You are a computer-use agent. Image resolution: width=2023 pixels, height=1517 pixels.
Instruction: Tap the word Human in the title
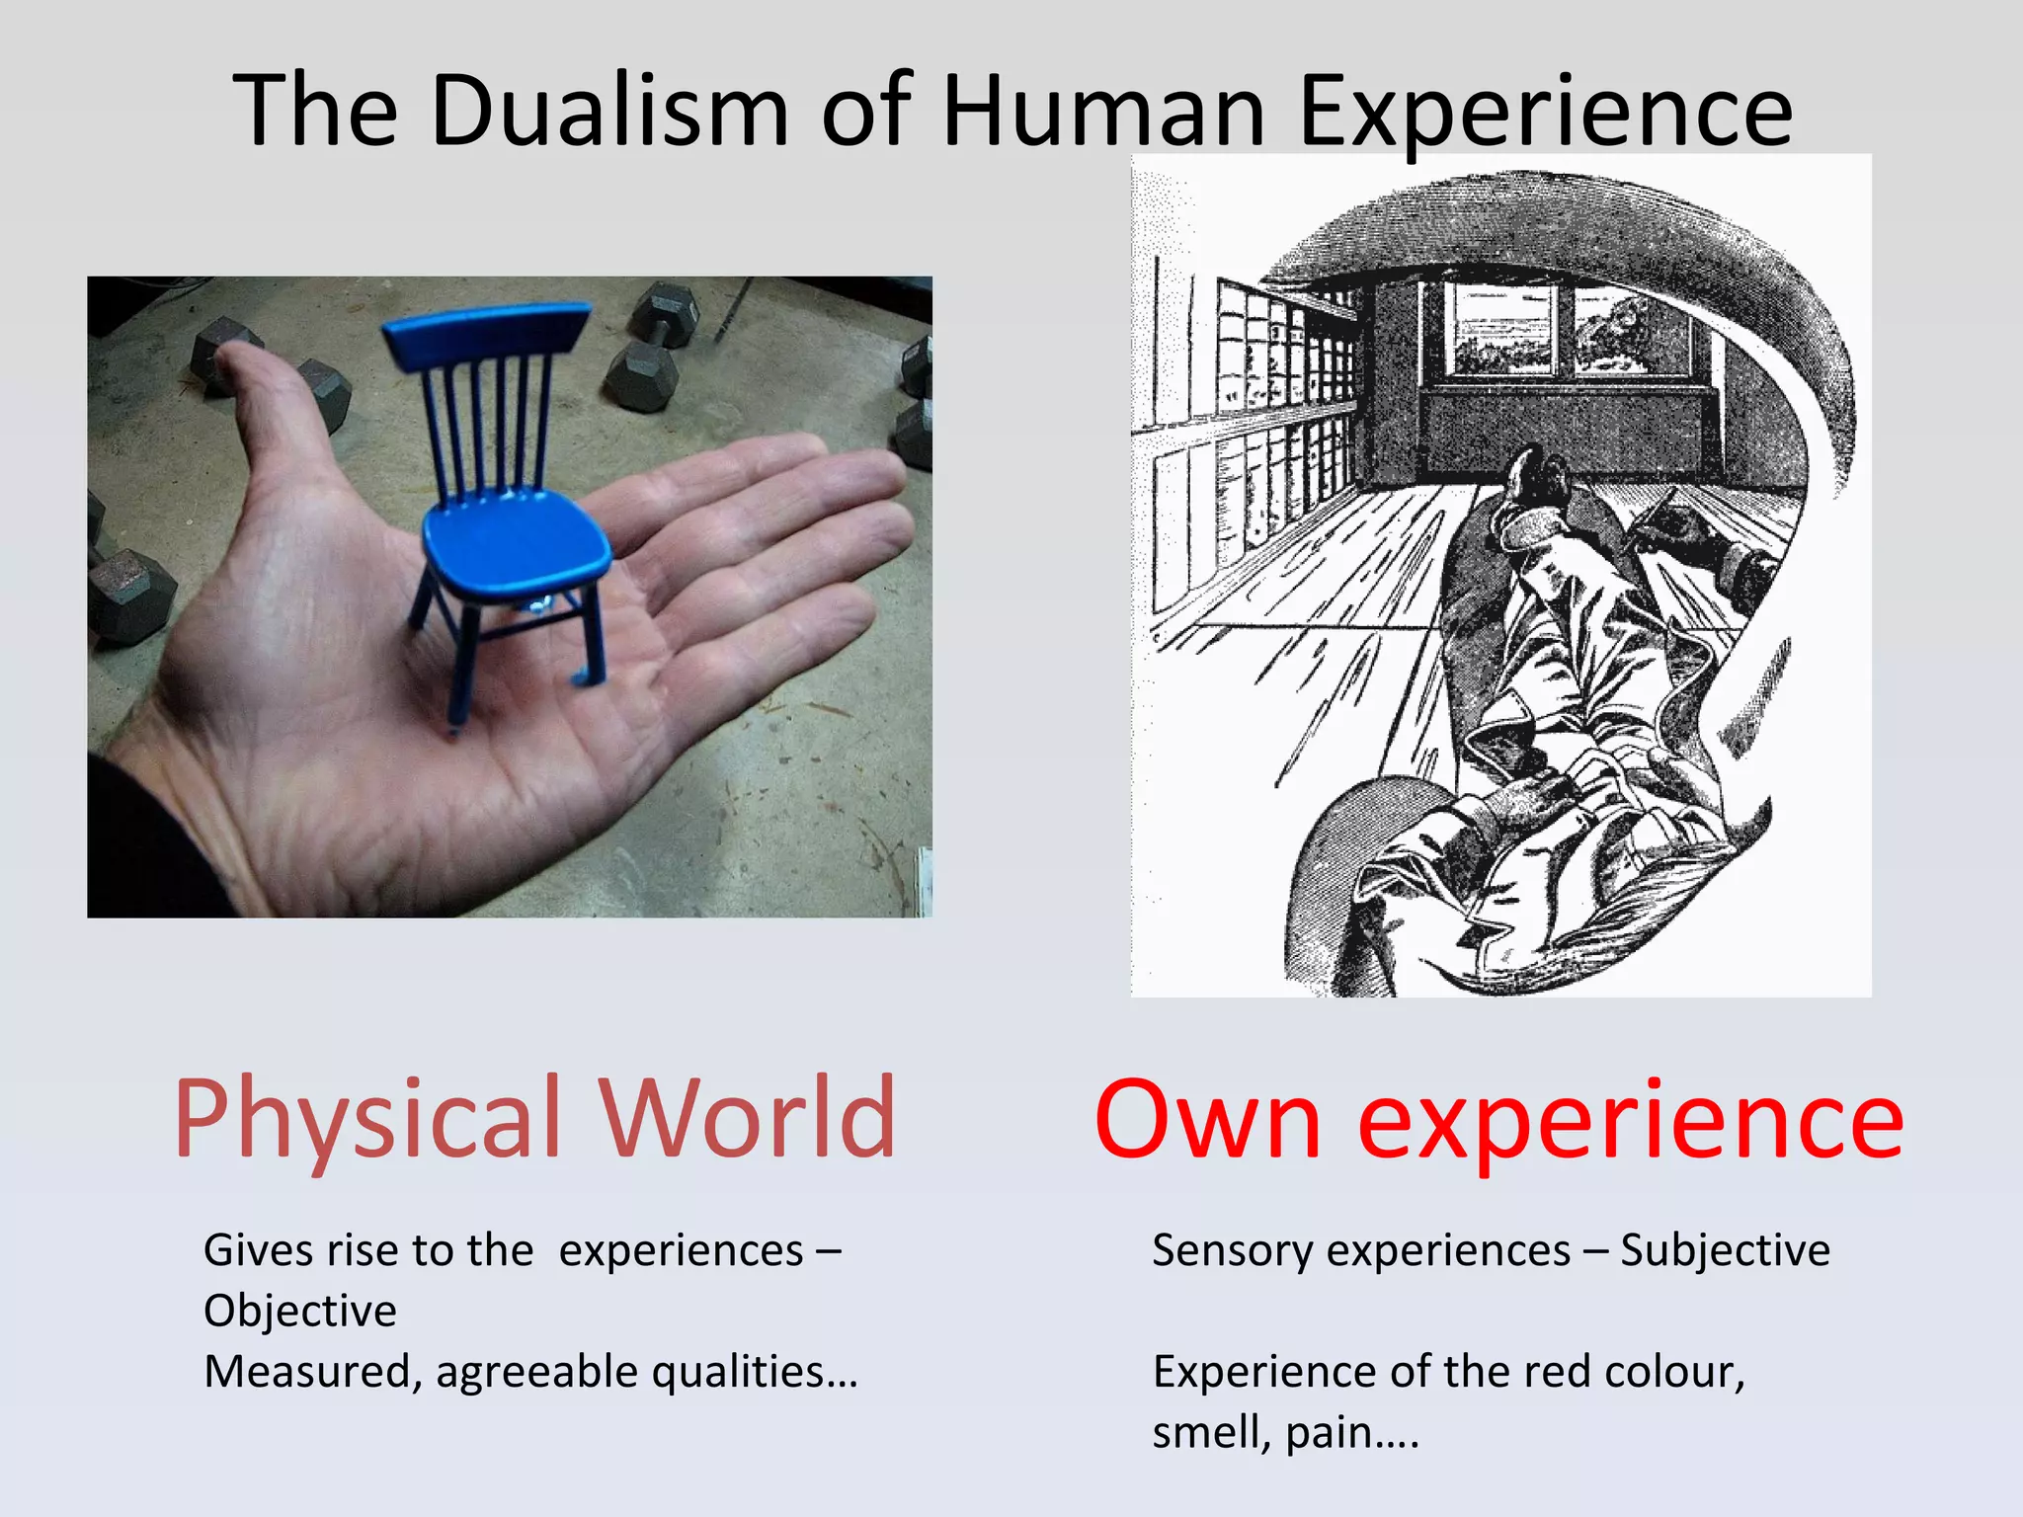1103,111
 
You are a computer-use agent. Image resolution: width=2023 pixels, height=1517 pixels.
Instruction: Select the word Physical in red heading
367,1119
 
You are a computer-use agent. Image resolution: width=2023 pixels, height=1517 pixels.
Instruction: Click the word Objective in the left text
300,1312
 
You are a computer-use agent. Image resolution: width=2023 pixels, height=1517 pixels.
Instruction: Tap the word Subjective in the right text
1725,1251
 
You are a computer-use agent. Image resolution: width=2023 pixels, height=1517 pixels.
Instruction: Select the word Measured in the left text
307,1373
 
